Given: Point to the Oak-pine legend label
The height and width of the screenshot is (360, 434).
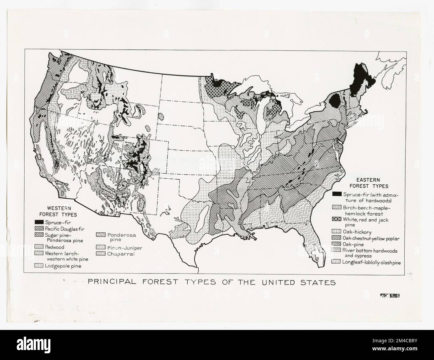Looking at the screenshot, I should tap(352, 244).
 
